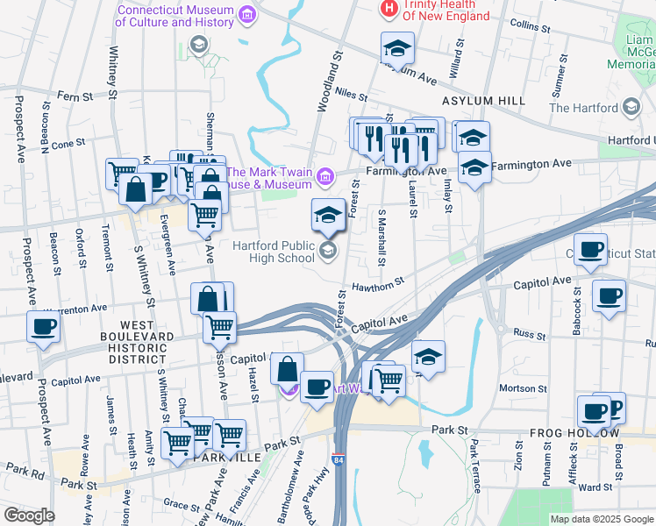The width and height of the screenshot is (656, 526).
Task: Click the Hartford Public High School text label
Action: (x=274, y=251)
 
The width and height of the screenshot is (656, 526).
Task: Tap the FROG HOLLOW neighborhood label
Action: (x=574, y=434)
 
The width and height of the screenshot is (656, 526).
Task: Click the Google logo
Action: (x=28, y=515)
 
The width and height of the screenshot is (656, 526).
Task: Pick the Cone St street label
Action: (x=68, y=143)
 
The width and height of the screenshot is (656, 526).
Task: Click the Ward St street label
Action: (x=595, y=487)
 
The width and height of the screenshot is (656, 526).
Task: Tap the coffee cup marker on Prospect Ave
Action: (x=42, y=327)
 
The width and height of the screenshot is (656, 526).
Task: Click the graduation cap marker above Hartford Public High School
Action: (x=329, y=214)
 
